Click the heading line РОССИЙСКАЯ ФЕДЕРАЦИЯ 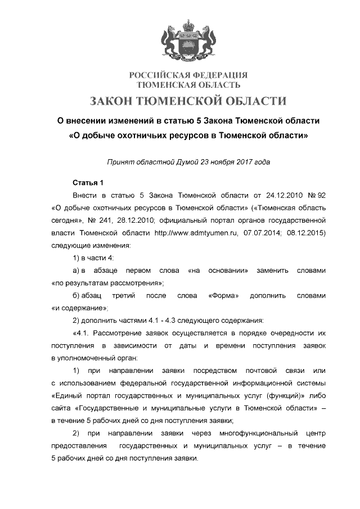click(188, 75)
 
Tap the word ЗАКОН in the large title click(117, 101)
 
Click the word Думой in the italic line click(192, 163)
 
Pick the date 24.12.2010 click(271, 195)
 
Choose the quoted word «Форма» click(224, 295)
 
